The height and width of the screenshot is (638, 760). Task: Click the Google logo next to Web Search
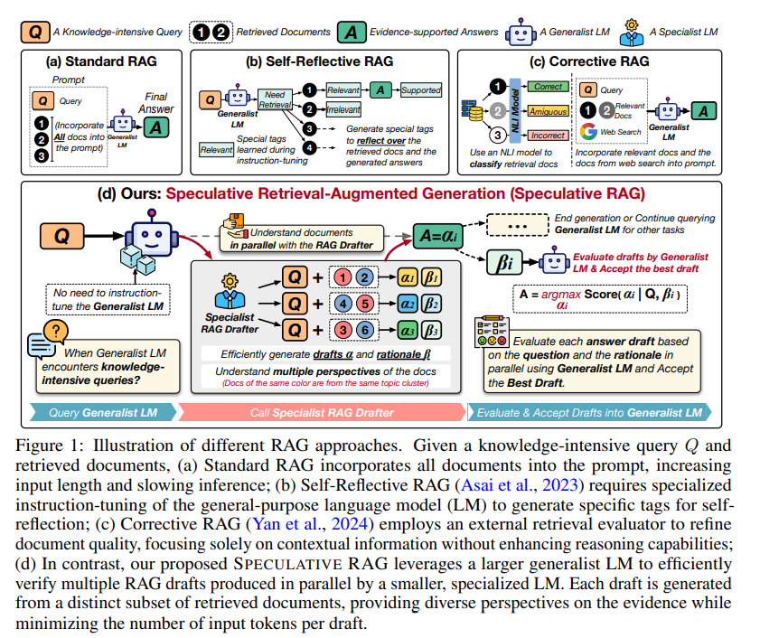588,131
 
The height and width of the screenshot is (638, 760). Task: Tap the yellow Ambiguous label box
548,111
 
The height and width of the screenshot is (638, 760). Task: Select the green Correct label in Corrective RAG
548,87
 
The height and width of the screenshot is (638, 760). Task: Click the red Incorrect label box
548,136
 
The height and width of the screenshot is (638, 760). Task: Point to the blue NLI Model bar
515,110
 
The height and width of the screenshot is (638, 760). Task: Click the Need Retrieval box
275,99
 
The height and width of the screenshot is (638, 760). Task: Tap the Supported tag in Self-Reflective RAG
421,90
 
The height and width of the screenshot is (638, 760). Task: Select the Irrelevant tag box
343,109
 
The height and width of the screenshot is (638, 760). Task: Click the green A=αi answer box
437,236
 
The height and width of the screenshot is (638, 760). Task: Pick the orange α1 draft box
408,277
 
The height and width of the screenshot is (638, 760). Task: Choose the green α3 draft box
408,330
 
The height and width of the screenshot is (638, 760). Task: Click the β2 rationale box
431,304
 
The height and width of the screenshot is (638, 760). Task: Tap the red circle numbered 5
365,304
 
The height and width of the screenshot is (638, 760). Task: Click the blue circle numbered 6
365,330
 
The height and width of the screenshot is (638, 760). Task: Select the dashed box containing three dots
518,225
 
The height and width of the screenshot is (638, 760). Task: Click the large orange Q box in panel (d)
62,236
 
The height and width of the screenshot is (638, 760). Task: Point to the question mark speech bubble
56,331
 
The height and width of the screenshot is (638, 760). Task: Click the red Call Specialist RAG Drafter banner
322,413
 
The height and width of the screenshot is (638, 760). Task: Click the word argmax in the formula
561,295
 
